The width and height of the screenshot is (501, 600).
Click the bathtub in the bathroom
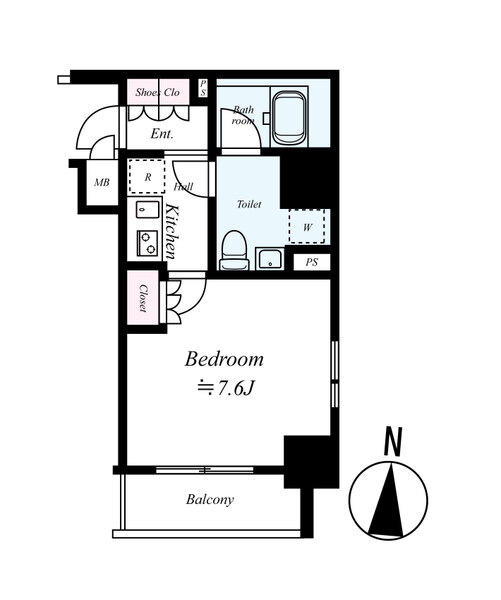point(289,117)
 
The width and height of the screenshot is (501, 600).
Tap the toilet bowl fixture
point(234,251)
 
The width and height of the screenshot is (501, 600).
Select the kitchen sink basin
point(147,210)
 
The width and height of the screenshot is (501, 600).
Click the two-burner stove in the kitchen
point(147,243)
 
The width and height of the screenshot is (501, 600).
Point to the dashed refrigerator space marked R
point(147,177)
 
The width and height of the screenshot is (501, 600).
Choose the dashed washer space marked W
point(307,227)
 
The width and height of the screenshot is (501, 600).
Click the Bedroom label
point(224,360)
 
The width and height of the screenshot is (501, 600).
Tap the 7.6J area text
point(225,388)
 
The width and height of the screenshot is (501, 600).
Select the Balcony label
point(210,500)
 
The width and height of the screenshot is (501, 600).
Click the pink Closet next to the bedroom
point(142,298)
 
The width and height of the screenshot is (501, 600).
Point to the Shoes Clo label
point(158,92)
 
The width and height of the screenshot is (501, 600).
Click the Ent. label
point(162,134)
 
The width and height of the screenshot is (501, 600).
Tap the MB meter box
point(102,183)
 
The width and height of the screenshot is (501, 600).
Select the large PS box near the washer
point(312,262)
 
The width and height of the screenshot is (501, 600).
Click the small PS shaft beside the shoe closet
point(203,88)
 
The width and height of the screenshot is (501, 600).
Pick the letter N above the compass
point(393,442)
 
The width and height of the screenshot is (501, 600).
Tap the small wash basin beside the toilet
point(270,258)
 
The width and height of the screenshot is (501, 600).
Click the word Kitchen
point(171,232)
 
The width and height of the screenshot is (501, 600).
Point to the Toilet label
point(249,204)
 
